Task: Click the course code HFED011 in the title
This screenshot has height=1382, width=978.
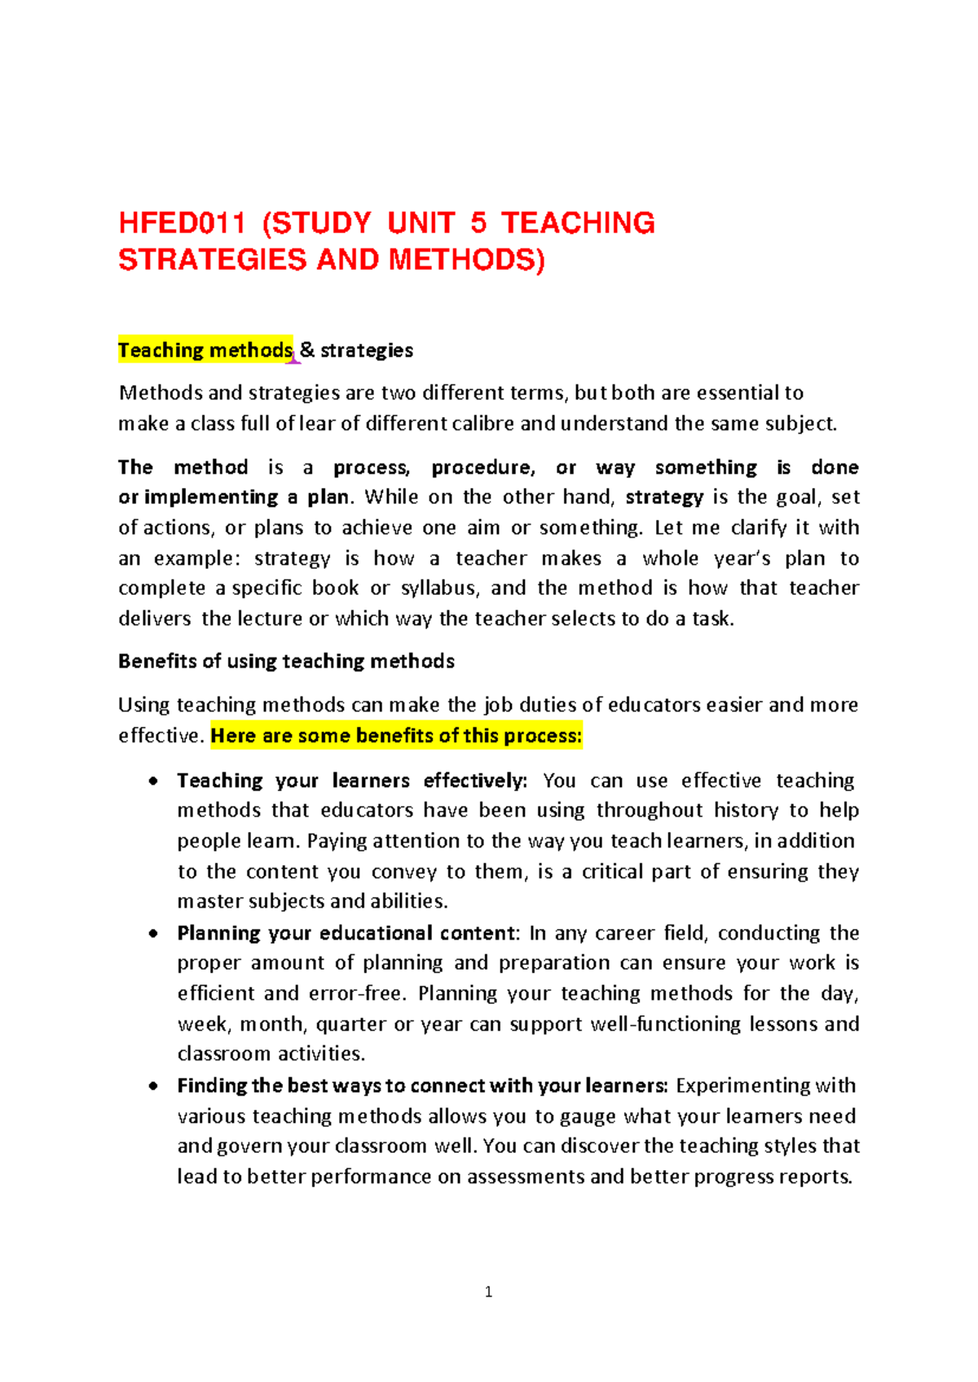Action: pos(182,223)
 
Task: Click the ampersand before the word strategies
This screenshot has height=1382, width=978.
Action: pos(307,350)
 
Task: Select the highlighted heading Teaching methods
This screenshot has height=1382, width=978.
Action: pos(205,350)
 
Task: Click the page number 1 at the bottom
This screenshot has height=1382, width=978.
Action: pos(488,1292)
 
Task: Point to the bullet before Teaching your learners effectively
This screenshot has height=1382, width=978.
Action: pos(153,781)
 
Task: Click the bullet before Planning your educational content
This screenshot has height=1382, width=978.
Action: pos(153,934)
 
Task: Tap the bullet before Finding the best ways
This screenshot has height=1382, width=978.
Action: pos(153,1086)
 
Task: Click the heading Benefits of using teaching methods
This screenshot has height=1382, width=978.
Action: pos(286,661)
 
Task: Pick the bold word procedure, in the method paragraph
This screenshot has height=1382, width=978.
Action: pos(483,468)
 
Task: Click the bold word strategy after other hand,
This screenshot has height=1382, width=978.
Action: pos(664,497)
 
